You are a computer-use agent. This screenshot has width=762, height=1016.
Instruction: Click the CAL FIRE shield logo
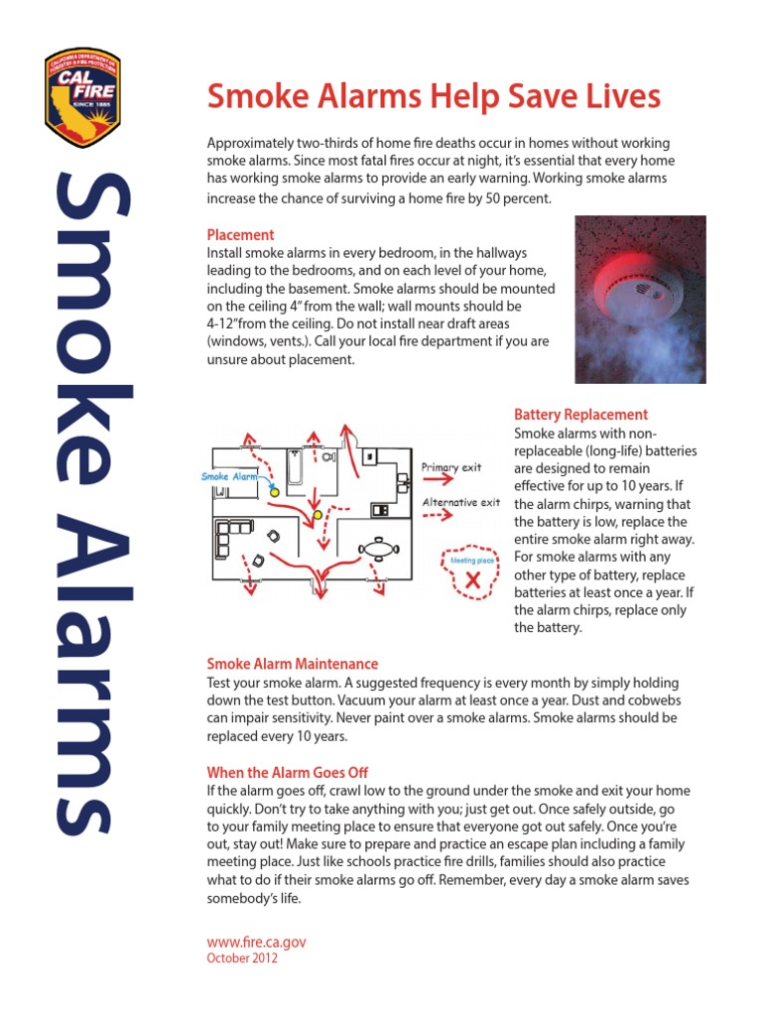pyautogui.click(x=82, y=97)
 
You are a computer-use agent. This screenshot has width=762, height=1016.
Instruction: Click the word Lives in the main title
pyautogui.click(x=621, y=96)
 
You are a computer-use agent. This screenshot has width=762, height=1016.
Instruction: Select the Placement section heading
pyautogui.click(x=240, y=235)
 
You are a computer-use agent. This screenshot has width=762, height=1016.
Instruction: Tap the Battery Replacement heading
pyautogui.click(x=580, y=415)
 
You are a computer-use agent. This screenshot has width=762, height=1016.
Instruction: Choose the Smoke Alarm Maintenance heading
pyautogui.click(x=292, y=664)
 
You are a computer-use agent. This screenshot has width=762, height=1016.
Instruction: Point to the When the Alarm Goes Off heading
pyautogui.click(x=287, y=772)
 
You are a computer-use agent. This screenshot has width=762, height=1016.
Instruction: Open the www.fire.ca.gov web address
pyautogui.click(x=256, y=942)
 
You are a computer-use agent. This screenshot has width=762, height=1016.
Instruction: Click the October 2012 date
pyautogui.click(x=242, y=958)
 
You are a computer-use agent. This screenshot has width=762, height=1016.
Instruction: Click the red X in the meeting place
pyautogui.click(x=472, y=580)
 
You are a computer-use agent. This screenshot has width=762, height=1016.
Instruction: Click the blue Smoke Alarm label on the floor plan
pyautogui.click(x=229, y=477)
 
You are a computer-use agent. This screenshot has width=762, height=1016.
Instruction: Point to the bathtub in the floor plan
pyautogui.click(x=296, y=468)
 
